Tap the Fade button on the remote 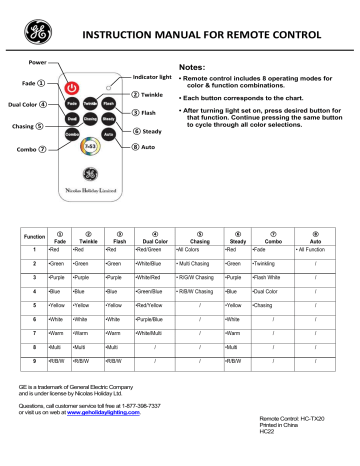tap(72, 103)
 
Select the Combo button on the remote tap(72, 133)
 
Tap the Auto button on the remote tap(108, 133)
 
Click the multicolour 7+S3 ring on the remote tap(89, 148)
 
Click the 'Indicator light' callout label tap(152, 76)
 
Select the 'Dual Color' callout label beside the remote tap(21, 103)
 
